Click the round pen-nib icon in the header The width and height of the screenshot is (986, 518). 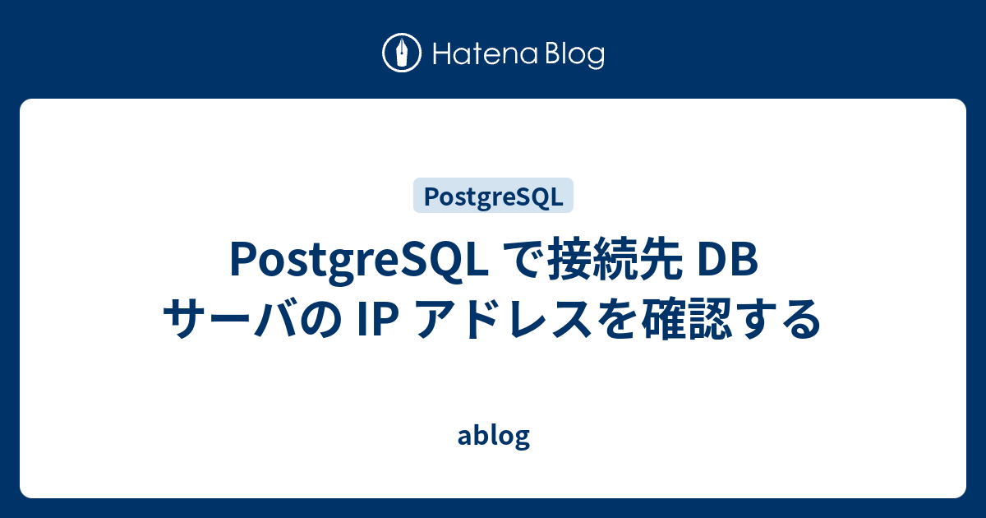(x=402, y=53)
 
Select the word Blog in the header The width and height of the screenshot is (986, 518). (x=573, y=55)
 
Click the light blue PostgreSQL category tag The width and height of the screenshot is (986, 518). (x=493, y=197)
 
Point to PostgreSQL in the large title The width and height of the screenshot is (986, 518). (x=359, y=262)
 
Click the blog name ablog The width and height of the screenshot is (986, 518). (x=493, y=436)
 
